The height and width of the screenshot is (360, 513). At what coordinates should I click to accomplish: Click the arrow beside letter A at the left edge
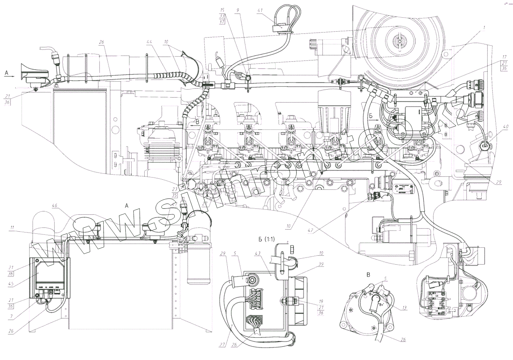11,76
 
